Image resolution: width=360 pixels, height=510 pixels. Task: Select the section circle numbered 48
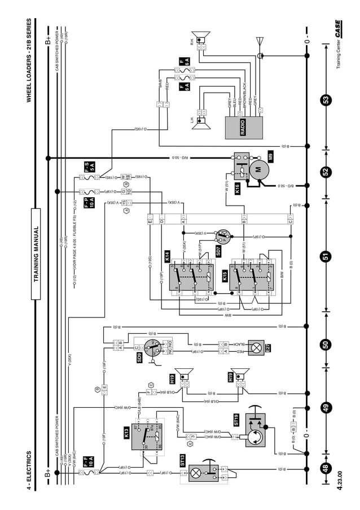(x=326, y=468)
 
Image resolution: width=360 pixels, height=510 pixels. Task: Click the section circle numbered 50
(x=326, y=344)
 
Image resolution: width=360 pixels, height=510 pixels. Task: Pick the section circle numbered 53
(x=326, y=99)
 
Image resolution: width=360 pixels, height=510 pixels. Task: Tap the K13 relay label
(x=126, y=433)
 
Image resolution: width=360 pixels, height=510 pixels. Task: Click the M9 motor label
(x=270, y=158)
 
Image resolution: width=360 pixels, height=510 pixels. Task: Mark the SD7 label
(x=218, y=251)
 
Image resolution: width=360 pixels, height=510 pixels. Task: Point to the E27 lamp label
(x=268, y=347)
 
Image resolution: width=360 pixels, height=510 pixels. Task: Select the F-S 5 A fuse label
(x=89, y=167)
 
